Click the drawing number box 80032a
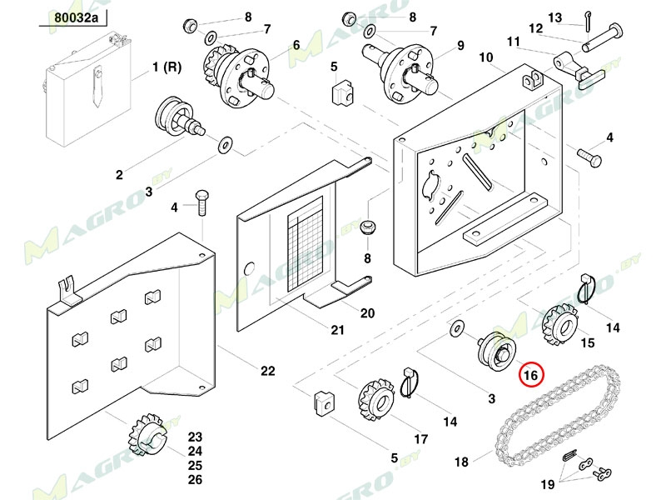coord(74,17)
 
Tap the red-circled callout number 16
coord(531,376)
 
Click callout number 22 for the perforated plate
coord(267,371)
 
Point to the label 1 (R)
coord(166,66)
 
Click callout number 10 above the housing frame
coord(486,57)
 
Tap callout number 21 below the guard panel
coord(336,330)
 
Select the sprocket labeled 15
coord(559,322)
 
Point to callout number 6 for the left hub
coord(295,44)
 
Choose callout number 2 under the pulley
coord(119,175)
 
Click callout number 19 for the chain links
coord(547,484)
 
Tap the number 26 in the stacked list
coord(195,479)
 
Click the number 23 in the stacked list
coord(195,437)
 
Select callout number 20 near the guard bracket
coord(367,313)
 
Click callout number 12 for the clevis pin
coord(536,28)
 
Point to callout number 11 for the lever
coord(514,41)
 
